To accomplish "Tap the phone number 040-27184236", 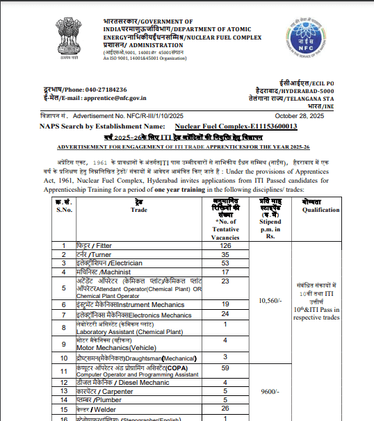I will coord(102,90).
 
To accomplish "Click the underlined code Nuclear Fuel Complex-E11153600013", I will coord(236,126).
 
